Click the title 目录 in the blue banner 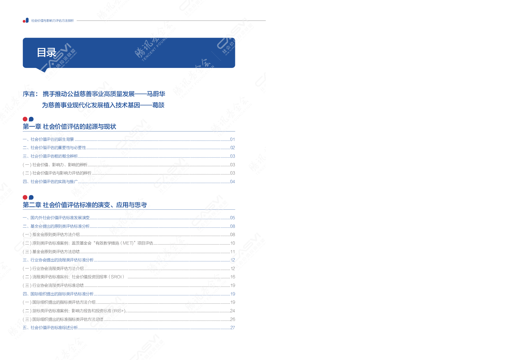[x=47, y=52]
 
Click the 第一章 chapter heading [x=69, y=127]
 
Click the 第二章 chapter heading [x=85, y=205]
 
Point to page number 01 [x=232, y=139]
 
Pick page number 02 [x=232, y=148]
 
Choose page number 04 [x=232, y=182]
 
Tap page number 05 [x=232, y=218]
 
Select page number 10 [x=232, y=243]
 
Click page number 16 [x=232, y=277]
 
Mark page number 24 [x=232, y=311]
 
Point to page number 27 [x=232, y=328]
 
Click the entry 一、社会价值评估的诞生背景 [x=48, y=139]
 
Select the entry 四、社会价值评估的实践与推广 [x=50, y=182]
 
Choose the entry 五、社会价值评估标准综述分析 [x=50, y=328]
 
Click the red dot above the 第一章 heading [x=25, y=119]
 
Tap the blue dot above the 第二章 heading [x=31, y=197]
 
